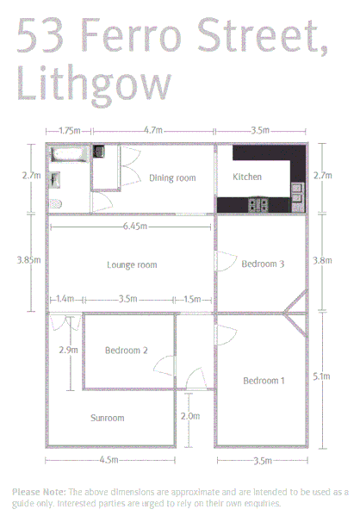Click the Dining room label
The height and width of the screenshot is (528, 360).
(172, 178)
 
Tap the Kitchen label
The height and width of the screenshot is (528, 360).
(247, 177)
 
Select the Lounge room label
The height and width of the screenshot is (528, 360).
(132, 265)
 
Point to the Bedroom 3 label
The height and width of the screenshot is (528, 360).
(263, 264)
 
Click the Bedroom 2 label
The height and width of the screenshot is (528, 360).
(127, 351)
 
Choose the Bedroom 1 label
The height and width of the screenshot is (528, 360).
(264, 381)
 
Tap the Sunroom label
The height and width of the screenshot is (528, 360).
(108, 419)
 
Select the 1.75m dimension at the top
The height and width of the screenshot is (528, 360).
(70, 131)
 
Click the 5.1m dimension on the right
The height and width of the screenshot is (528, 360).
(321, 376)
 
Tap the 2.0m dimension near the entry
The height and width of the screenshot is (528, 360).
(190, 416)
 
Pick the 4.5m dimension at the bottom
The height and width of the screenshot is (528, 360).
(109, 460)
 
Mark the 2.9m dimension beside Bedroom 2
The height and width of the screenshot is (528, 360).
(68, 351)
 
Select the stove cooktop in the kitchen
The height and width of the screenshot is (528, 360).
(258, 204)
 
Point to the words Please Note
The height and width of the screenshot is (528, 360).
(38, 492)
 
